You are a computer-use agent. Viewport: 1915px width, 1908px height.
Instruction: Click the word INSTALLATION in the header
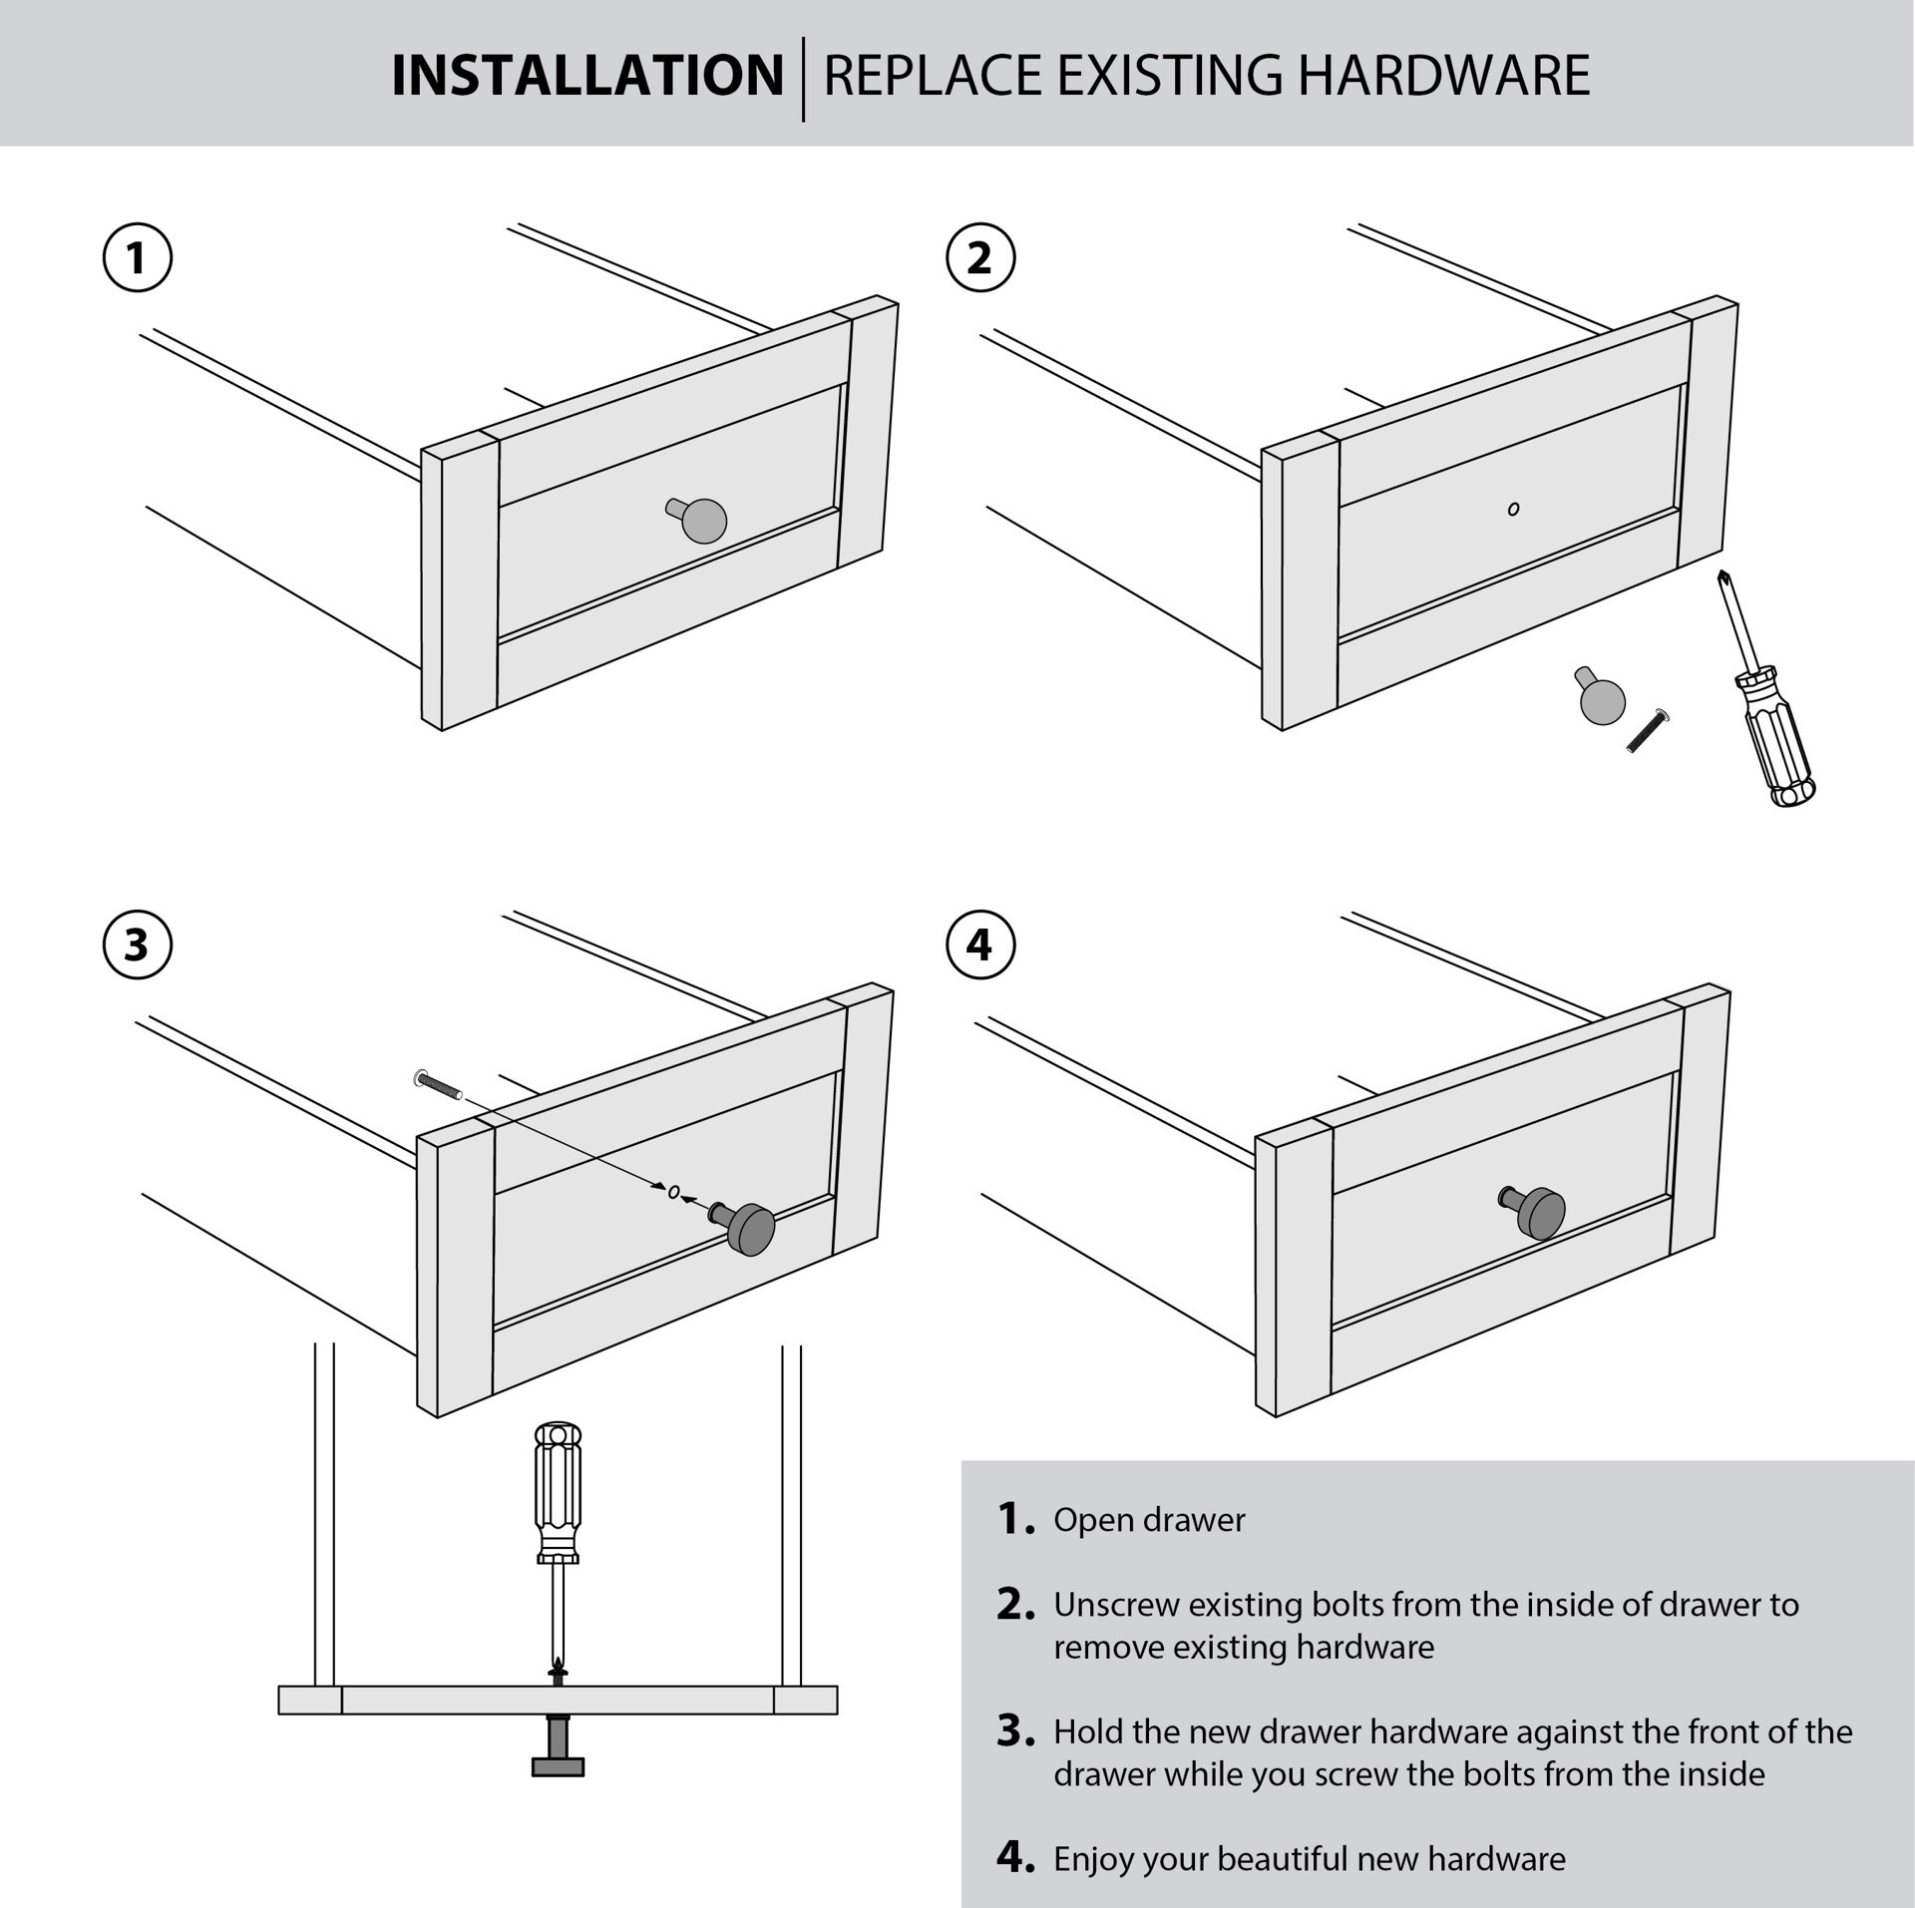click(x=586, y=76)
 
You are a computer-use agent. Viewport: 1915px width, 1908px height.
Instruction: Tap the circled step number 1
click(x=138, y=257)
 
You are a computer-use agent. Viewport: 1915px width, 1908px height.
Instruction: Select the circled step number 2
click(x=979, y=257)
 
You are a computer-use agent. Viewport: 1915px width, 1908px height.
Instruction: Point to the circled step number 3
click(x=138, y=945)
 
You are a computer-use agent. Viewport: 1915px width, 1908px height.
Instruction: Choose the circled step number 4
click(x=979, y=945)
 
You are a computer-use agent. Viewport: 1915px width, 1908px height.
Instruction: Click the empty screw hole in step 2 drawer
click(x=1513, y=510)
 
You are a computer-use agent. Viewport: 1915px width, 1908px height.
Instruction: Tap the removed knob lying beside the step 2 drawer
click(x=1601, y=698)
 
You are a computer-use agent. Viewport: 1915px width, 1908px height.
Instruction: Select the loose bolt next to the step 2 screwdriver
click(x=1648, y=731)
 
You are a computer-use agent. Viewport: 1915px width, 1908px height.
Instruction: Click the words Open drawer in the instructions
click(x=1149, y=1520)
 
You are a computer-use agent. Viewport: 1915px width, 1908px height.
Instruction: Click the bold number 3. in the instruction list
click(x=1015, y=1730)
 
